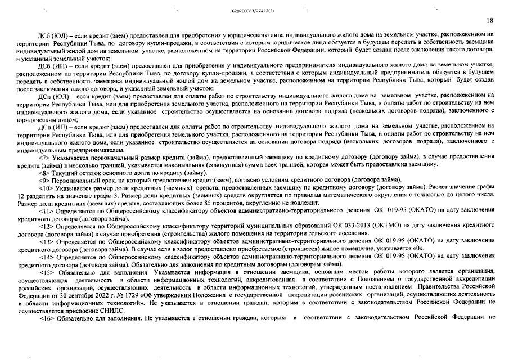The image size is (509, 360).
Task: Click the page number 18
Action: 489,20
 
